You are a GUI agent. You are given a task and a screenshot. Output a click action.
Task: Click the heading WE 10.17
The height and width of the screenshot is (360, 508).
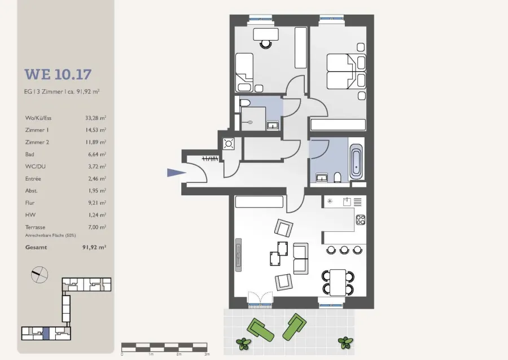(x=58, y=74)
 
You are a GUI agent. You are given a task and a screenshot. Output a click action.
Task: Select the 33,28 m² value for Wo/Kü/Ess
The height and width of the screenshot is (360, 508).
(x=95, y=118)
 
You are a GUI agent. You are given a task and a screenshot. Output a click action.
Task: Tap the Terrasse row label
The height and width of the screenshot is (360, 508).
(x=35, y=227)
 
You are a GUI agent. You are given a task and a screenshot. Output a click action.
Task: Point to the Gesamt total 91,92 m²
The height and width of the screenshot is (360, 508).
(x=94, y=247)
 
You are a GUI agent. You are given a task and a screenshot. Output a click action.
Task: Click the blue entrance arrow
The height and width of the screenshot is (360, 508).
(x=176, y=173)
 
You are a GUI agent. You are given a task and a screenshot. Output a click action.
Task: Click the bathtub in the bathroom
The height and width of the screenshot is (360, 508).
(x=356, y=161)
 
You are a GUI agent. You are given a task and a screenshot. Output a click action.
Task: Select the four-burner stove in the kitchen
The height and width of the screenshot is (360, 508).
(x=361, y=220)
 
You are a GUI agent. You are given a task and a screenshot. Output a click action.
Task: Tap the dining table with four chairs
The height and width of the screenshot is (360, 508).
(x=338, y=282)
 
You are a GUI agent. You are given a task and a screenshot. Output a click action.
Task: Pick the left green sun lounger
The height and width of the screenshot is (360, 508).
(x=260, y=330)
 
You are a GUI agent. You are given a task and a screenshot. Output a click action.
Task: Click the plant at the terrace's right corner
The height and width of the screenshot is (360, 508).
(x=345, y=343)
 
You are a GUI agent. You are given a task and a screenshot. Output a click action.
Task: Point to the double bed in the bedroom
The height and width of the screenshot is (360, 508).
(x=346, y=72)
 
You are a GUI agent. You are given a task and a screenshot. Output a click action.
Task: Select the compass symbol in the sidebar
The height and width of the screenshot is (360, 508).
(x=40, y=275)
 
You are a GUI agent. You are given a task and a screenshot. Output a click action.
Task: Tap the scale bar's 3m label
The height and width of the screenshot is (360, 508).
(x=207, y=354)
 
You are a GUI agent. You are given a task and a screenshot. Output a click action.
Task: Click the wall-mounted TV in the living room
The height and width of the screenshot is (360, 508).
(x=238, y=255)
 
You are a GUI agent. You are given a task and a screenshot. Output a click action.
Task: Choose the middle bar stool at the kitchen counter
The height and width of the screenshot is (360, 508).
(x=344, y=250)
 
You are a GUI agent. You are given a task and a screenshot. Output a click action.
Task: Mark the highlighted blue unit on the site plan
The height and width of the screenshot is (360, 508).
(x=46, y=333)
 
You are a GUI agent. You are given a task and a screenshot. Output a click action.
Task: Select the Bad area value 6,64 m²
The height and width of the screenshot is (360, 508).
(x=97, y=155)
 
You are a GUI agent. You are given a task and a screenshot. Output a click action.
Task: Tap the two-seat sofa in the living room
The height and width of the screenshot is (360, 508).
(x=300, y=258)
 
